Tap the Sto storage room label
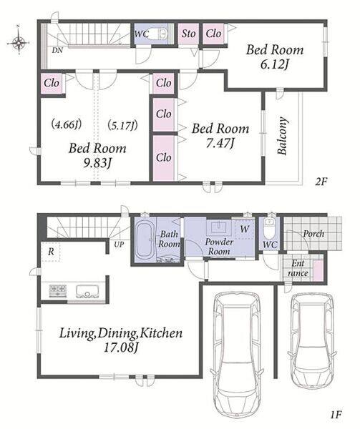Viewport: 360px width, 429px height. click(188, 34)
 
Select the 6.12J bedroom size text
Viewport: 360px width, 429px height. click(274, 65)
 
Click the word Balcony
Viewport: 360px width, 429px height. click(282, 136)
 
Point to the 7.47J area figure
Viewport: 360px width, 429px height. click(220, 143)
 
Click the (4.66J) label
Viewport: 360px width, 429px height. click(67, 124)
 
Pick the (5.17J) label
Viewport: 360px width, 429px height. click(122, 125)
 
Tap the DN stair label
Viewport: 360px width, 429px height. click(57, 50)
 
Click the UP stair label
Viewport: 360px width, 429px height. click(119, 245)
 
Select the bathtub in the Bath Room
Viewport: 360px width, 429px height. click(145, 240)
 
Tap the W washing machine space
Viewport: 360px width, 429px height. click(245, 229)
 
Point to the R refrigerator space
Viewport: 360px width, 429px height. click(51, 252)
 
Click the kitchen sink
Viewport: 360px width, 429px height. click(87, 292)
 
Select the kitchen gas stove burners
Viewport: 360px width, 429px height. click(58, 290)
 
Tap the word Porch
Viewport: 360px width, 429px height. click(313, 234)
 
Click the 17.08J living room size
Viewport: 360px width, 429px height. click(120, 347)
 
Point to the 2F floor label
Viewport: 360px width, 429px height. click(321, 182)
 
